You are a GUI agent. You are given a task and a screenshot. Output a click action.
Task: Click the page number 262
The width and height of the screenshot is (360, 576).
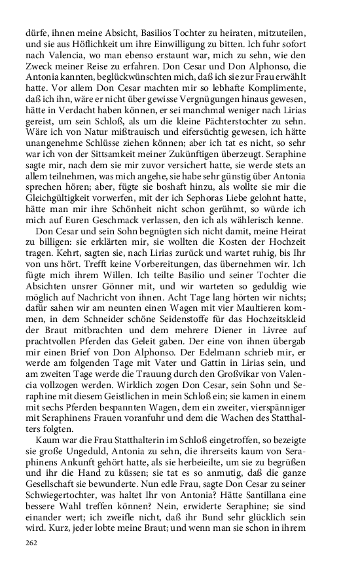[32, 543]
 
